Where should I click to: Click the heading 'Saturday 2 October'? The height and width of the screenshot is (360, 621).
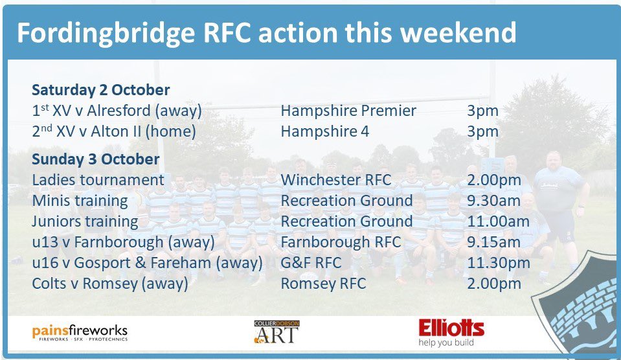100,89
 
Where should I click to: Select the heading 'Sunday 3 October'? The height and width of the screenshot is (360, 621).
95,159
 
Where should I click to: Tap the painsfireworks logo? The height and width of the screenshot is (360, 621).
80,333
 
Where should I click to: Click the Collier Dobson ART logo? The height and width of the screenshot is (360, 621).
277,331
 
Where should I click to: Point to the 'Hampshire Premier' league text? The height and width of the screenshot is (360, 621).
348,111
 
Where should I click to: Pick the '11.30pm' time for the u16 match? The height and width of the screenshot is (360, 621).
498,263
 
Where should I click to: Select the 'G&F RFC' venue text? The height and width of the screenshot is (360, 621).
311,263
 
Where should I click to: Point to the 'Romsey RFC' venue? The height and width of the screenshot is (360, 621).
323,284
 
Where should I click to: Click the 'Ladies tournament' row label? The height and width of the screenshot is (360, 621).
98,179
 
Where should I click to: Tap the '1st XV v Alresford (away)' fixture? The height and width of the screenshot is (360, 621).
117,111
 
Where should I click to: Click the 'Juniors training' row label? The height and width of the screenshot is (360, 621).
85,221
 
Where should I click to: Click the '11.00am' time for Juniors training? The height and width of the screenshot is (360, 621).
498,221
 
